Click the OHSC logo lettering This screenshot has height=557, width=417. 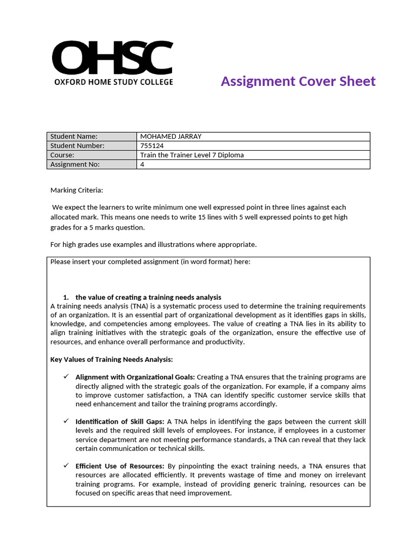tap(112, 58)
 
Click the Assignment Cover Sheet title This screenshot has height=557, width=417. tap(298, 82)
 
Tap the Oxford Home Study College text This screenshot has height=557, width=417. tap(113, 82)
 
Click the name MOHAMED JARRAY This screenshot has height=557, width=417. tap(170, 137)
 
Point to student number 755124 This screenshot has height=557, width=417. tap(152, 146)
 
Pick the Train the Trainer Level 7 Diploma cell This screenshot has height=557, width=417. tap(192, 155)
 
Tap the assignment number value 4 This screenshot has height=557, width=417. tap(142, 164)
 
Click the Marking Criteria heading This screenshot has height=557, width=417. tap(76, 190)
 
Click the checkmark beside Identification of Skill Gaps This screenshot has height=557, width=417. tap(66, 422)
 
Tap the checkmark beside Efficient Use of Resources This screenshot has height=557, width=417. tap(66, 466)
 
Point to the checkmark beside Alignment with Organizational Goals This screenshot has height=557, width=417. tap(66, 377)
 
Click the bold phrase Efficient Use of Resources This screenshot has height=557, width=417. tap(120, 466)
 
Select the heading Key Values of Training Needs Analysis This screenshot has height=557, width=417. tap(111, 360)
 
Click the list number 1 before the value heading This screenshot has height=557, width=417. tap(65, 298)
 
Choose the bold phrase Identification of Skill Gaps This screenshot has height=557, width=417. tap(121, 422)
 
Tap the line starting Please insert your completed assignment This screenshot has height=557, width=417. tap(150, 262)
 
